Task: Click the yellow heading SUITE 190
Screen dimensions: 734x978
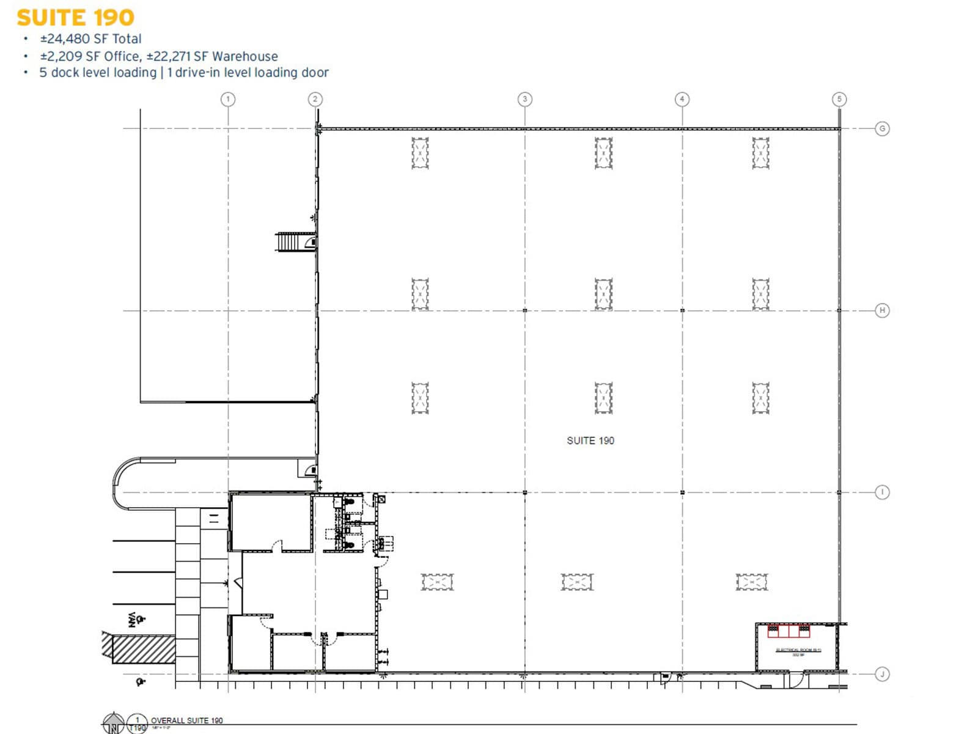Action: click(x=75, y=18)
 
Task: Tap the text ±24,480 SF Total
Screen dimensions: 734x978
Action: click(x=90, y=39)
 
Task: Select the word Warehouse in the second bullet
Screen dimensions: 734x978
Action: click(x=245, y=56)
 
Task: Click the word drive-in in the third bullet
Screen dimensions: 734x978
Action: click(x=197, y=73)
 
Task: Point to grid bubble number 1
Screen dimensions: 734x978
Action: click(x=228, y=99)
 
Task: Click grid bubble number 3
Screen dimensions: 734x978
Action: click(x=524, y=99)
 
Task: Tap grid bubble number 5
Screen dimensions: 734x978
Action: click(x=839, y=99)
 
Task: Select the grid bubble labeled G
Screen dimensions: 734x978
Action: click(x=882, y=128)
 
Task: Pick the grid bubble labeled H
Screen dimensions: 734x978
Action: click(x=882, y=310)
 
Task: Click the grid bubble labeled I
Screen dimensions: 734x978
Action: click(x=882, y=492)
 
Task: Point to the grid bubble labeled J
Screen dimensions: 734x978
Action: click(x=882, y=674)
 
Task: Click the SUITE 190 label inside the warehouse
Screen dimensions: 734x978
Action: click(x=590, y=440)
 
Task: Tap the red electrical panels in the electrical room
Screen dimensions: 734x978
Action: click(x=789, y=631)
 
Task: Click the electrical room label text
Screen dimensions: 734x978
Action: click(x=798, y=650)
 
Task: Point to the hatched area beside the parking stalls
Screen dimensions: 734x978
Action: click(x=144, y=649)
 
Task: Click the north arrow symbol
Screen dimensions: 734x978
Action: click(x=114, y=724)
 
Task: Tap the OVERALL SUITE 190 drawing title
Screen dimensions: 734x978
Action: click(x=186, y=721)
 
